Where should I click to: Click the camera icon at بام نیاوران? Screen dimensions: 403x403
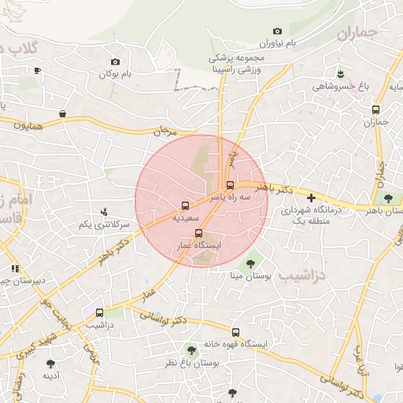(x=277, y=31)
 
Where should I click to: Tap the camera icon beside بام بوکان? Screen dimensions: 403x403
(x=116, y=62)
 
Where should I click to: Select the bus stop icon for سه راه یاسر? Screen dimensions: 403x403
(x=230, y=186)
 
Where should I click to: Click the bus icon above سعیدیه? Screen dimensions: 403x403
(x=186, y=205)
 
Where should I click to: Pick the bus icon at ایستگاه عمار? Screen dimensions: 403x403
(x=198, y=233)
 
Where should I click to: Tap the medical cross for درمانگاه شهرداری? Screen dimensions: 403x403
(x=312, y=198)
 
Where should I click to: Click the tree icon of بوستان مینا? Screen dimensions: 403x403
(x=250, y=264)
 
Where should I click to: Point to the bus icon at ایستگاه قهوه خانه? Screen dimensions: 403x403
(x=235, y=332)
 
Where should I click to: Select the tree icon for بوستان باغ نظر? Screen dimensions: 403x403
(x=190, y=349)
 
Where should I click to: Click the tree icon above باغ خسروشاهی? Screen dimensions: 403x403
(x=340, y=74)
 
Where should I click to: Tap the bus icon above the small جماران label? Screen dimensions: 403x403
(x=375, y=110)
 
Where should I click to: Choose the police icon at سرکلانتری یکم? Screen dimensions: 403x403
(x=103, y=212)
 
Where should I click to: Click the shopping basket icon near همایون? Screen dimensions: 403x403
(x=62, y=114)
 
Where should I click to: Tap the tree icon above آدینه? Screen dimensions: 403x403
(x=51, y=364)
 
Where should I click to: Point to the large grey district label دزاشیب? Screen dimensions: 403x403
(x=324, y=275)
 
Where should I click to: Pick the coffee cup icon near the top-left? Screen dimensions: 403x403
(x=37, y=70)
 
